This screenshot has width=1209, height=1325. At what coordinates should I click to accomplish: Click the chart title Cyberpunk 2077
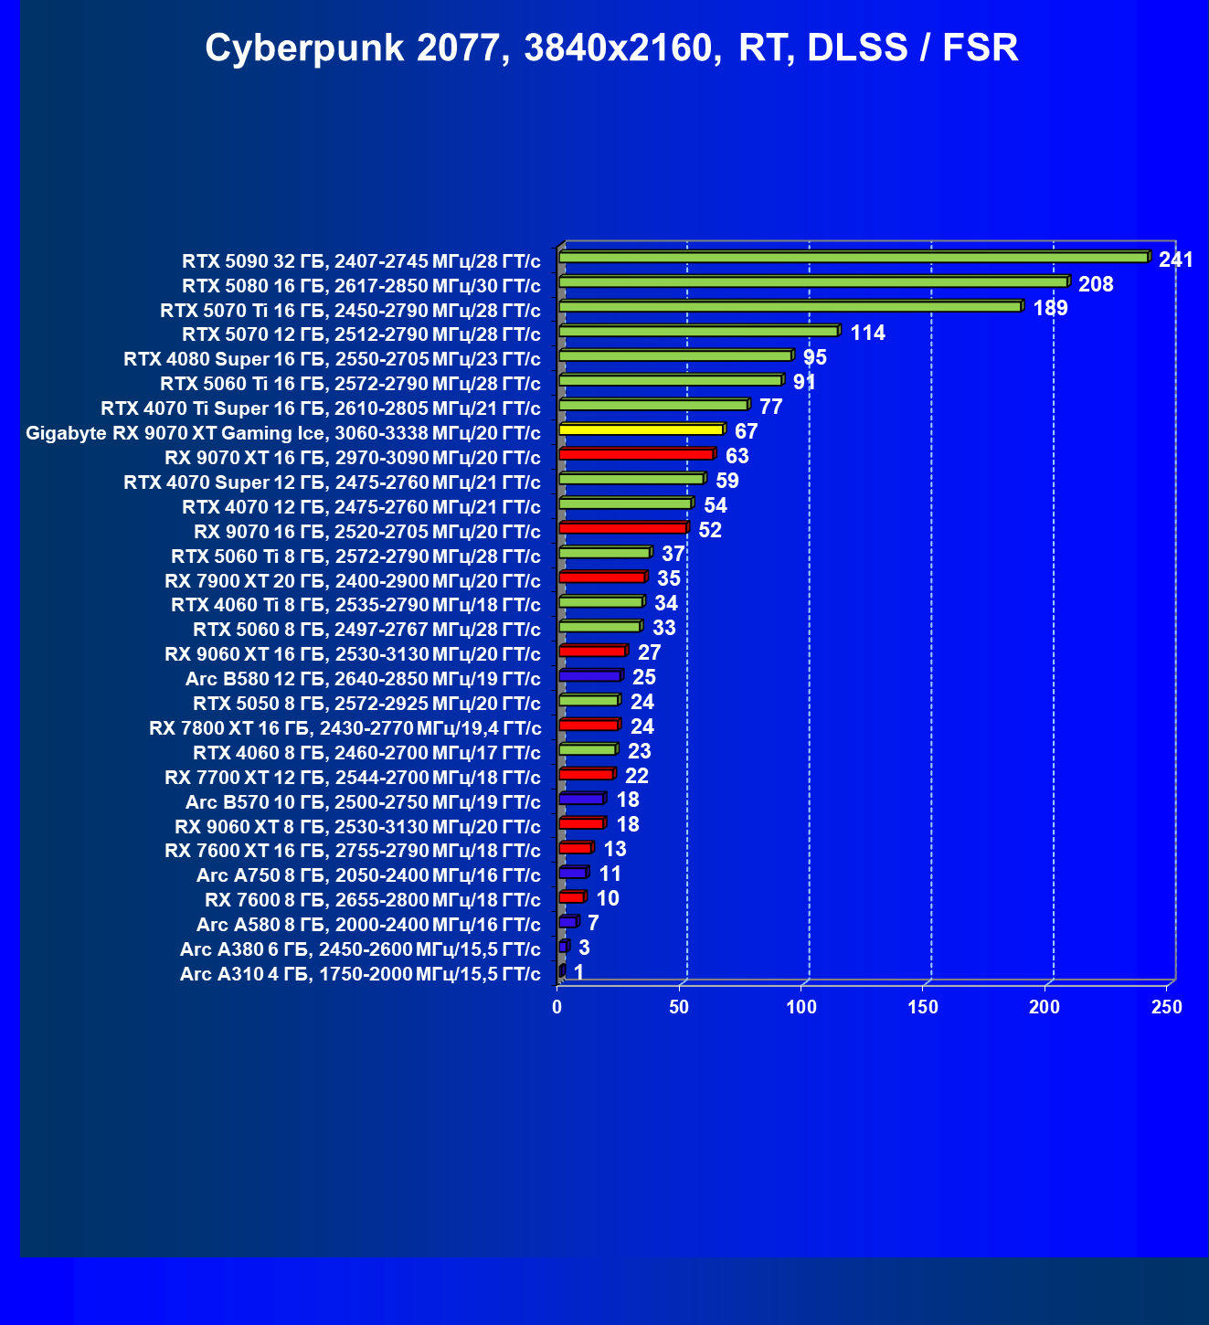click(x=611, y=48)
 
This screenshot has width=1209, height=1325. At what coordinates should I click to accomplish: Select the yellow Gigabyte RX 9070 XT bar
click(x=640, y=429)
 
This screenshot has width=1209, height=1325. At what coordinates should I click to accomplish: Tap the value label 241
click(x=1175, y=260)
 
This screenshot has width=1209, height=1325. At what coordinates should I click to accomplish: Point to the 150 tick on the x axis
click(x=923, y=1007)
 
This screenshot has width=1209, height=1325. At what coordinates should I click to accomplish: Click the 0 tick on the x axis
click(x=557, y=1007)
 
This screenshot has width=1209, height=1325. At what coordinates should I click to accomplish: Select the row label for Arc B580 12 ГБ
click(x=363, y=679)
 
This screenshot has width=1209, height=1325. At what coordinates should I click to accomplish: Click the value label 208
click(x=1096, y=284)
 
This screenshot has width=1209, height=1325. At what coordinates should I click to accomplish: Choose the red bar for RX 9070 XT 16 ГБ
click(x=635, y=454)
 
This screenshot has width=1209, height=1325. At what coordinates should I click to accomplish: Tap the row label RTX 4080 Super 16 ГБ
click(x=332, y=359)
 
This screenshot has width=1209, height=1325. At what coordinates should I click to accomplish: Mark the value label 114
click(x=867, y=333)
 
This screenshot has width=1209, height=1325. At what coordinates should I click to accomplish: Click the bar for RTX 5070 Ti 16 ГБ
click(x=790, y=307)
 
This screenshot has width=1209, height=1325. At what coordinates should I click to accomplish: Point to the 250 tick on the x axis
click(x=1166, y=1007)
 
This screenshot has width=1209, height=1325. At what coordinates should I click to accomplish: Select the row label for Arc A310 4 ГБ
click(x=360, y=974)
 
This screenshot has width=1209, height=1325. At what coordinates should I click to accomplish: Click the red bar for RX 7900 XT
click(x=601, y=578)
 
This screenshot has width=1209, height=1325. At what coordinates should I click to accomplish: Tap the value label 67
click(x=746, y=431)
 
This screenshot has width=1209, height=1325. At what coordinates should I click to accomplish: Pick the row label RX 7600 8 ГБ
click(x=373, y=900)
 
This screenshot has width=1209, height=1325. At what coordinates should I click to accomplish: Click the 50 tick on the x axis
click(x=679, y=1007)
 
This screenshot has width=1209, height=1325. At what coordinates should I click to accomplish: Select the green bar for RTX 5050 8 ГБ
click(x=588, y=701)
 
